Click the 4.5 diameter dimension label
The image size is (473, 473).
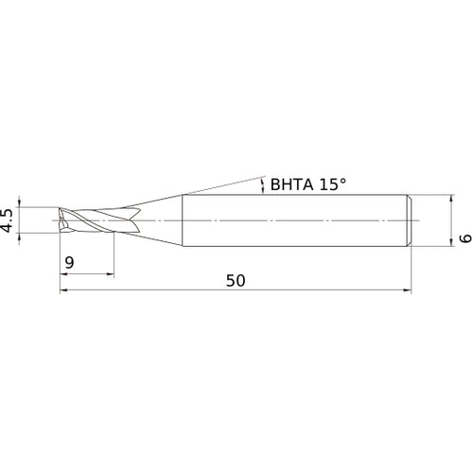pos(7,220)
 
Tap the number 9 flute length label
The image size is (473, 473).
pos(69,262)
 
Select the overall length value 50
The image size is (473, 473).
pos(236,280)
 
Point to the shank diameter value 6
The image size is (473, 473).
pos(466,238)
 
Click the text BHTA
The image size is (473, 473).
pos(291,184)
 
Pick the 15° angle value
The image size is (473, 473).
pos(333,184)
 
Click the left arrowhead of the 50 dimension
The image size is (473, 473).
pos(63,290)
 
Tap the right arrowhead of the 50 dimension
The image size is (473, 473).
pos(408,290)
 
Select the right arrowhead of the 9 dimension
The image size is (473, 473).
pos(110,274)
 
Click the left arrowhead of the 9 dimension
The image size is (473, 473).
pos(63,274)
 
